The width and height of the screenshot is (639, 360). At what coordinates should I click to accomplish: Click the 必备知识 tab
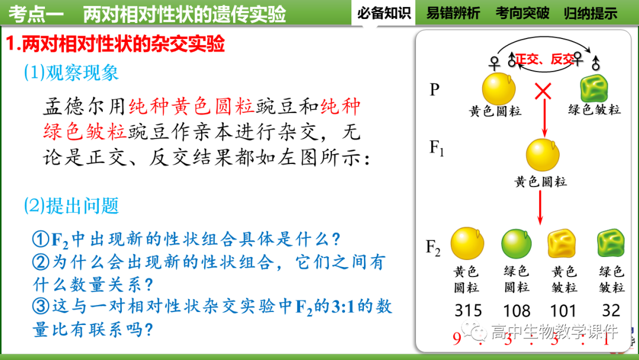(x=384, y=12)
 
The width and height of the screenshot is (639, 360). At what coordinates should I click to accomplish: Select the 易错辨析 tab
(x=453, y=12)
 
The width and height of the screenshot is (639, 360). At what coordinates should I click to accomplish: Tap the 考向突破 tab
(x=522, y=12)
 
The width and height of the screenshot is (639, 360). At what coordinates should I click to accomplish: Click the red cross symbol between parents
(x=543, y=91)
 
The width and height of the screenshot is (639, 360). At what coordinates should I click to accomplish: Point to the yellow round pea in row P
(x=499, y=88)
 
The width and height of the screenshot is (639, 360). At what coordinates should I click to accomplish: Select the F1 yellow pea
(x=543, y=155)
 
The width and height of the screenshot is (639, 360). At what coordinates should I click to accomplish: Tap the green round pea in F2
(x=517, y=243)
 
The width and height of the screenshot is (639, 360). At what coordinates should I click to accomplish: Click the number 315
(x=468, y=310)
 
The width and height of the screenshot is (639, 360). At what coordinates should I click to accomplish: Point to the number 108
(x=517, y=310)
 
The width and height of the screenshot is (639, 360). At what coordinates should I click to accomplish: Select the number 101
(x=563, y=310)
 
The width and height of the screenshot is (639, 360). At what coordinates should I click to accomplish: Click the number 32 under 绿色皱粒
(x=611, y=310)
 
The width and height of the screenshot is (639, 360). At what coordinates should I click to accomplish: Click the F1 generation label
(x=437, y=148)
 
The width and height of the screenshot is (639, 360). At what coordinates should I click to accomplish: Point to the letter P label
(x=435, y=89)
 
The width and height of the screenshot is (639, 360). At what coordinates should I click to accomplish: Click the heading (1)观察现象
(x=71, y=72)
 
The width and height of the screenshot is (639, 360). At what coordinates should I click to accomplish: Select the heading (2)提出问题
(x=71, y=205)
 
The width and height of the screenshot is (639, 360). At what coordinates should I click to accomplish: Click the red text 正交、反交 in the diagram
(x=544, y=59)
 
